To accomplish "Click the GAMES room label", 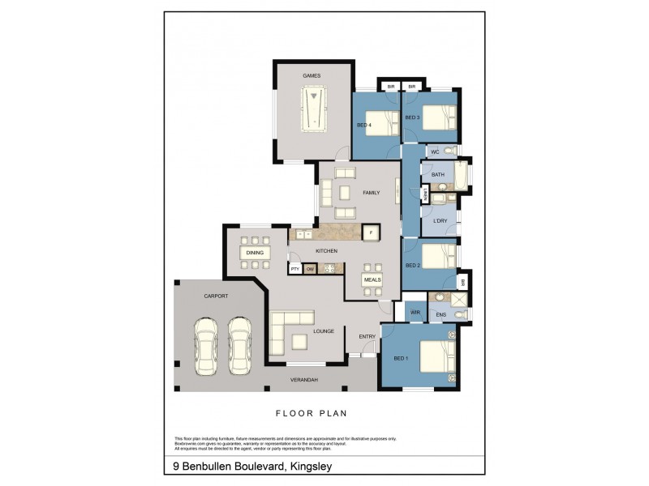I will point(312,76).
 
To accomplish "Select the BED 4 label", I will point(364,125).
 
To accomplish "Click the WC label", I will point(435,151).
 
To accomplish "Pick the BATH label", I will point(438,175).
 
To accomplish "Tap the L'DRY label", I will point(440,220).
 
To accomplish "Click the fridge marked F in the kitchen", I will point(370,233).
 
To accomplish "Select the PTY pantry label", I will point(295,268).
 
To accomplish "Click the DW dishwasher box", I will point(310,268).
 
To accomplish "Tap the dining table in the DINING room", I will point(256,253).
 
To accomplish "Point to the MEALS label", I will point(372,279).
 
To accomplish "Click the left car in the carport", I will point(206,345).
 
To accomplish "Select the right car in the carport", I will point(239,345).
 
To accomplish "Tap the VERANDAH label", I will point(304,380).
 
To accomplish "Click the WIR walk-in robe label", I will point(415,311).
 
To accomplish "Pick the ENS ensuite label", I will point(441,313).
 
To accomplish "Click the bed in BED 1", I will point(436,356).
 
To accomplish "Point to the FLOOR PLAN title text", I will point(312,413).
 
